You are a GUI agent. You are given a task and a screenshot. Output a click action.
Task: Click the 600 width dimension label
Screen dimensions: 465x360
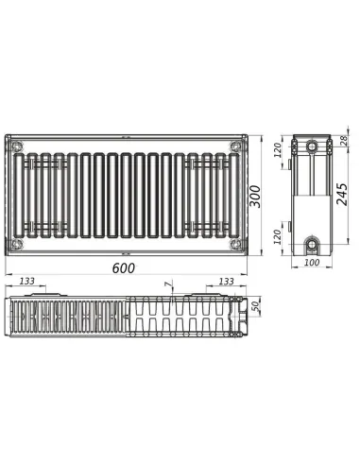(124, 268)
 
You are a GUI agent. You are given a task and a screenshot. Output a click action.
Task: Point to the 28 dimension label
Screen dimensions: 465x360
(343, 142)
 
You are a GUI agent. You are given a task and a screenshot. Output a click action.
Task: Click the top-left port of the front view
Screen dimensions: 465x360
(17, 146)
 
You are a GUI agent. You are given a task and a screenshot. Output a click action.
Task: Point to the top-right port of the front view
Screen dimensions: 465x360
(232, 146)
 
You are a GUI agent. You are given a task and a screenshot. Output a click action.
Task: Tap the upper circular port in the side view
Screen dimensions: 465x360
(312, 147)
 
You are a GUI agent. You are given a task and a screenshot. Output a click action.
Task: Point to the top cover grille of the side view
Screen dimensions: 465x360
(312, 136)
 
